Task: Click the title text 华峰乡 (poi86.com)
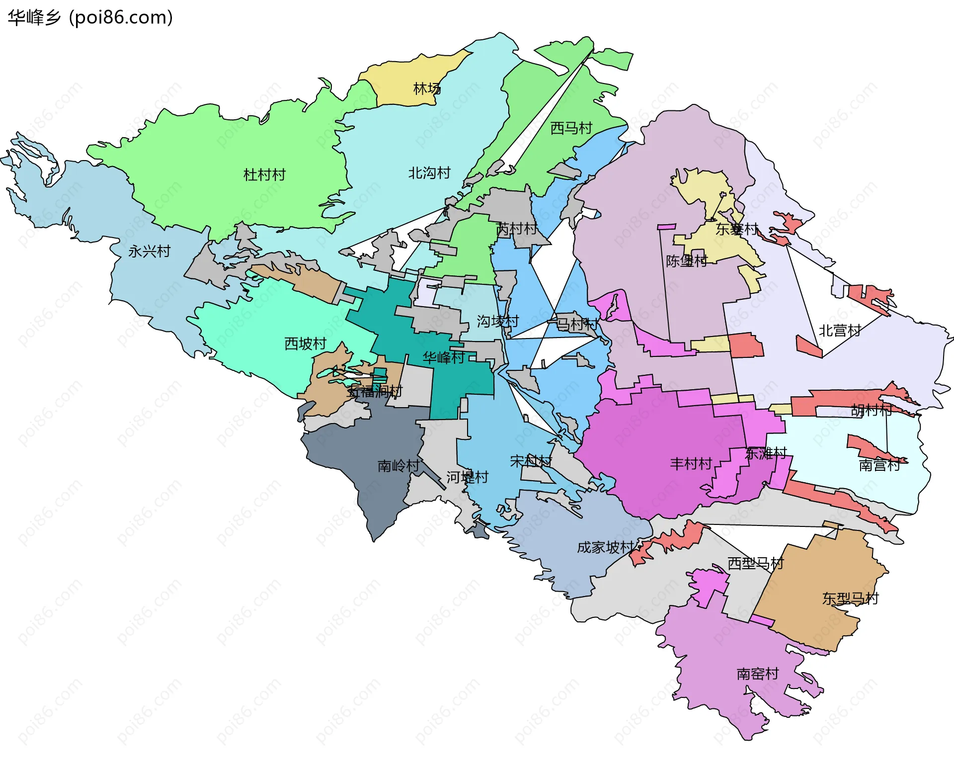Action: pyautogui.click(x=90, y=17)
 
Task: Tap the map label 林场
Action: pyautogui.click(x=427, y=89)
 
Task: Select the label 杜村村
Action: pyautogui.click(x=264, y=175)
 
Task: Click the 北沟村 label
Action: pyautogui.click(x=429, y=173)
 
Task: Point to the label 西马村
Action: pyautogui.click(x=571, y=128)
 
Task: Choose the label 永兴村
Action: pyautogui.click(x=149, y=252)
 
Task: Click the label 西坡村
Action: pyautogui.click(x=305, y=344)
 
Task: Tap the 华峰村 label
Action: pyautogui.click(x=444, y=357)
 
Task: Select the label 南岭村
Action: pyautogui.click(x=398, y=466)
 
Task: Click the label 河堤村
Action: pyautogui.click(x=467, y=477)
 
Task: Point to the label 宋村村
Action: pyautogui.click(x=531, y=461)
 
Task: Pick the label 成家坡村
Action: pyautogui.click(x=605, y=547)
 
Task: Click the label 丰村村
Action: pyautogui.click(x=691, y=464)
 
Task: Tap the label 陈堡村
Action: pyautogui.click(x=687, y=261)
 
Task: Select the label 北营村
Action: pyautogui.click(x=840, y=331)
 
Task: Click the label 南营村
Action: pyautogui.click(x=879, y=465)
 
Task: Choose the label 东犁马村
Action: pyautogui.click(x=850, y=599)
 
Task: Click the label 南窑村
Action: pyautogui.click(x=757, y=674)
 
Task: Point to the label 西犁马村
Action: pyautogui.click(x=755, y=564)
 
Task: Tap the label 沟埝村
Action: pyautogui.click(x=497, y=322)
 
